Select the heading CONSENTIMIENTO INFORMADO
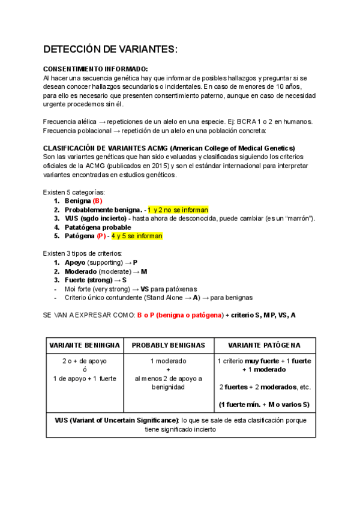click(95, 69)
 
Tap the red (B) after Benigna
click(98, 200)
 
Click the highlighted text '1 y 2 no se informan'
click(178, 209)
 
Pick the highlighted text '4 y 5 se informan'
click(136, 236)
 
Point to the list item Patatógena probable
click(98, 227)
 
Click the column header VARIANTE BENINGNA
click(84, 345)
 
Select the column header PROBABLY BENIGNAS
click(168, 345)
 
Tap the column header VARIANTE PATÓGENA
click(264, 345)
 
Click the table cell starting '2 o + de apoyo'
click(84, 370)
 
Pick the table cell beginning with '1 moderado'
click(168, 374)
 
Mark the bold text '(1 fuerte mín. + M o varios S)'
click(264, 404)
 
